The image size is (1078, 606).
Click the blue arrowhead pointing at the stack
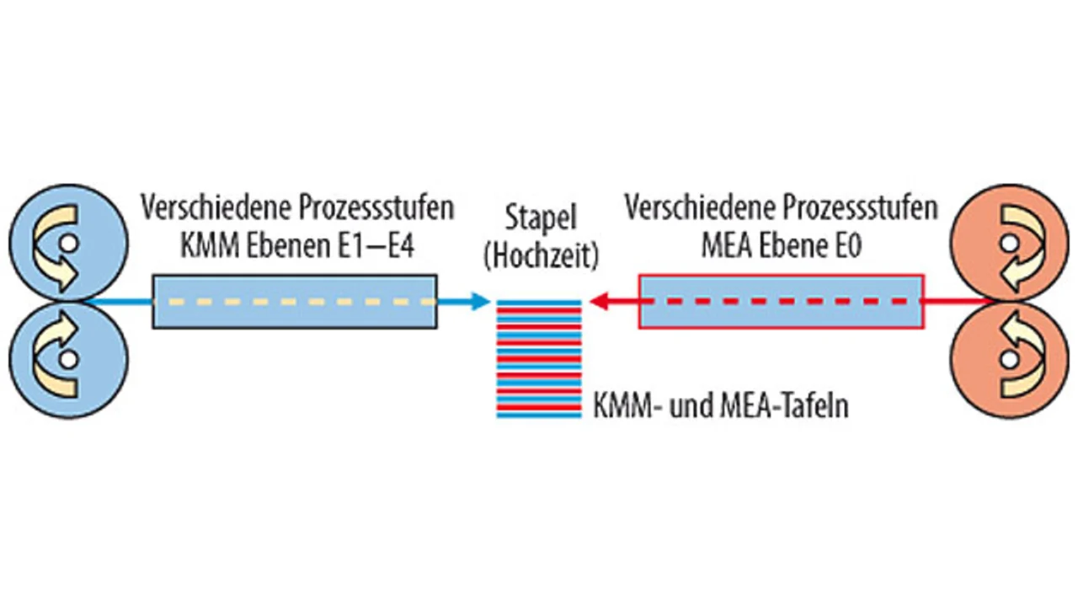click(x=479, y=301)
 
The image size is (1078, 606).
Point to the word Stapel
click(x=541, y=219)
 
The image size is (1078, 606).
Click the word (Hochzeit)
click(x=541, y=255)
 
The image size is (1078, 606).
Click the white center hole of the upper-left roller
click(x=69, y=244)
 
